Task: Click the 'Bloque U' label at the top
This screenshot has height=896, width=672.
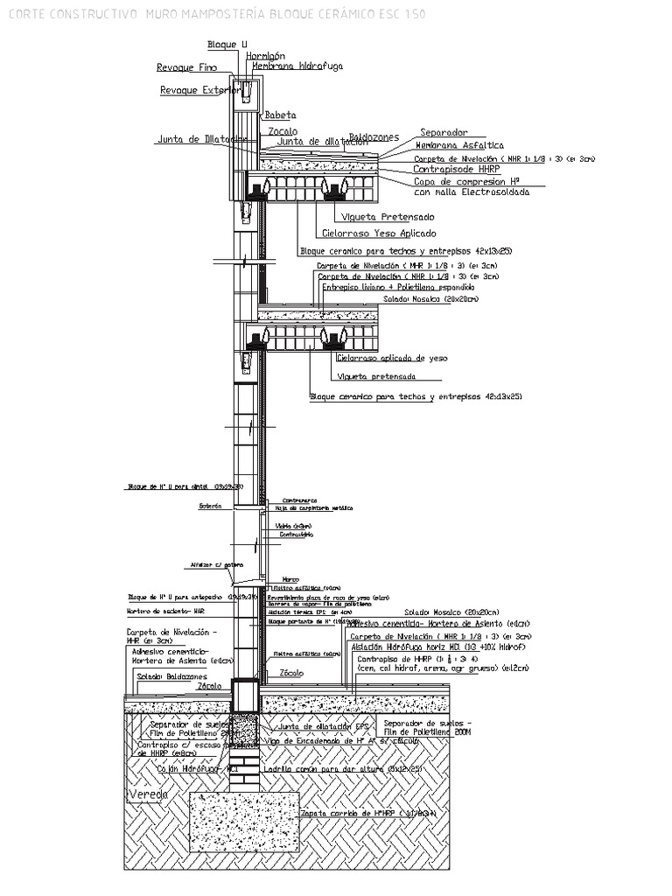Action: [220, 44]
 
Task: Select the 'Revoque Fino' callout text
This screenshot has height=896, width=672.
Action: [186, 67]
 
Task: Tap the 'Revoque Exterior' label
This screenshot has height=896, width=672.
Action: [200, 89]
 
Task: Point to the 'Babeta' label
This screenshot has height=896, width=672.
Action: [280, 115]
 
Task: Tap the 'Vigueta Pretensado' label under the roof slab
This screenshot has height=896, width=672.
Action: [390, 216]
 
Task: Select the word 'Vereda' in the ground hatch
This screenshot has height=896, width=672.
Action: [148, 794]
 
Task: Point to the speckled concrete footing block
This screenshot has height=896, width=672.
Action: [245, 822]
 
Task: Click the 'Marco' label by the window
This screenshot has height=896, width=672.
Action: [290, 578]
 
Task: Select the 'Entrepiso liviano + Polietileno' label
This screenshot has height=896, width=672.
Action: [398, 287]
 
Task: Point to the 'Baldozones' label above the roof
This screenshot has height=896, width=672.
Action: [374, 137]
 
